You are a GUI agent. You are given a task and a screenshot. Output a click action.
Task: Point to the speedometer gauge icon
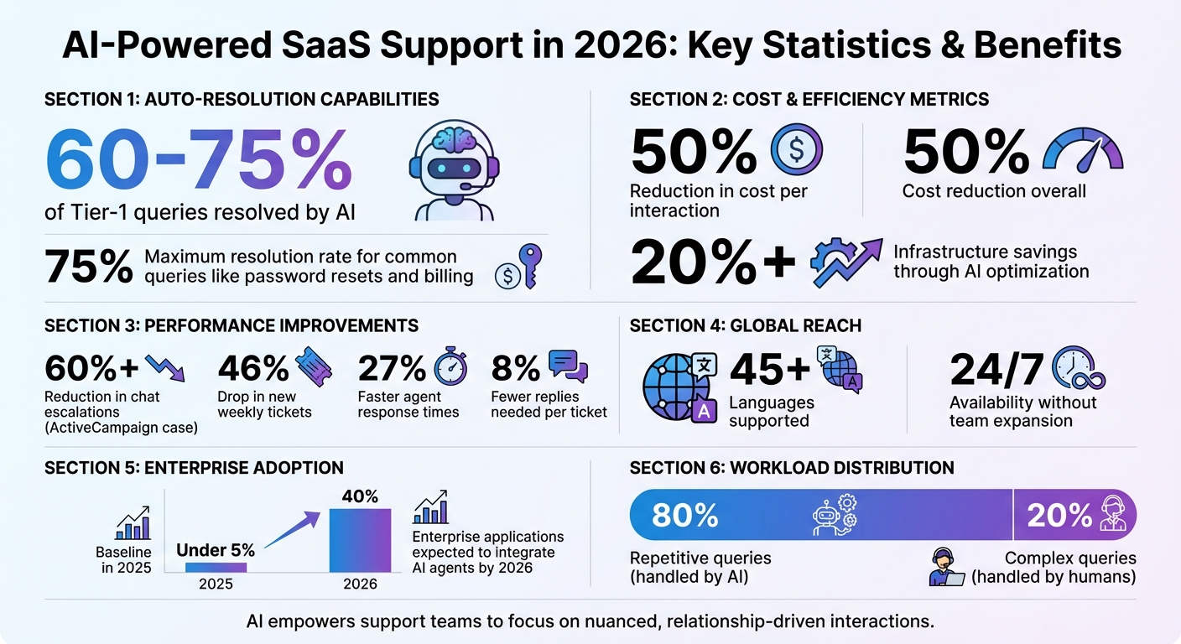coord(1082,150)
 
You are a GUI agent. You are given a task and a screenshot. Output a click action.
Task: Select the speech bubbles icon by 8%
coord(568,367)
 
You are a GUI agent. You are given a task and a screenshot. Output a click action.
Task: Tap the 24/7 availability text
coord(996,369)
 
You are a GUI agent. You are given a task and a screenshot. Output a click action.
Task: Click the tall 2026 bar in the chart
coord(359,540)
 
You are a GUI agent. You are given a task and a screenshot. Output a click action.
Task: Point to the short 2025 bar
coord(216,567)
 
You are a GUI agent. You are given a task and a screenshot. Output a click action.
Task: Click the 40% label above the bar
coord(359,496)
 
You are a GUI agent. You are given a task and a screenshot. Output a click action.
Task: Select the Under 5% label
coord(216,550)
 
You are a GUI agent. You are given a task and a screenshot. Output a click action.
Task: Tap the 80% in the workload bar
coord(684,515)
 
